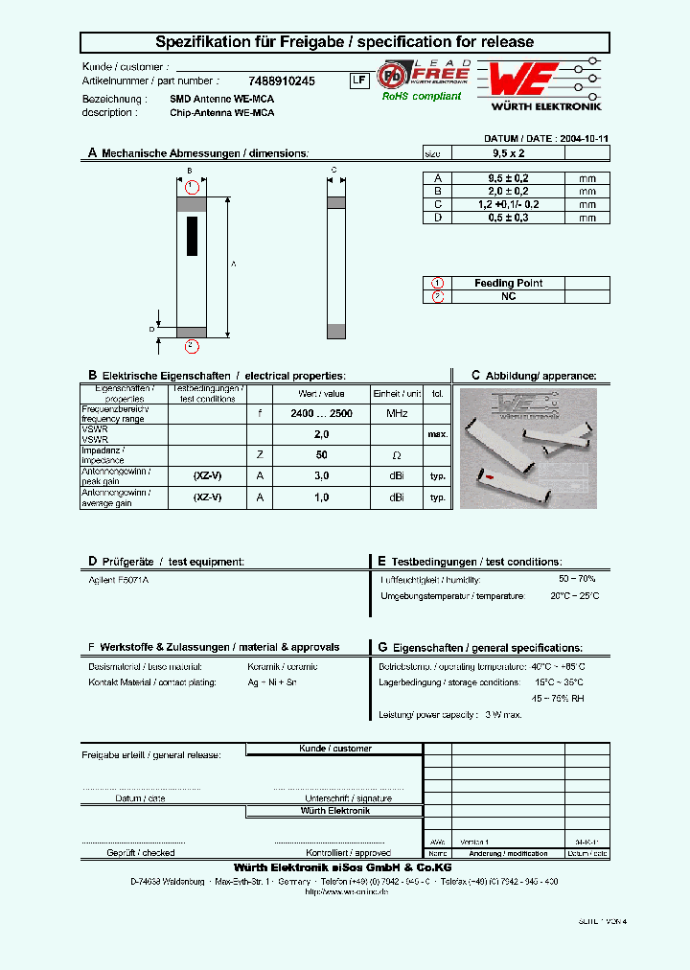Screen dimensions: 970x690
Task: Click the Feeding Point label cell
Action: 508,284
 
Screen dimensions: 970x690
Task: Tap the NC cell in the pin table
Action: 508,297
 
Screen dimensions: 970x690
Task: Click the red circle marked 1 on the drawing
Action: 192,186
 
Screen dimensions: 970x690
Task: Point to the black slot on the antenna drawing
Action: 192,236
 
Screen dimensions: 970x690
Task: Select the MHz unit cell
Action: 397,413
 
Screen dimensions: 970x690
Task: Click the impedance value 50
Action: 321,454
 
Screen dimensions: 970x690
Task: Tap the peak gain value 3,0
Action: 321,475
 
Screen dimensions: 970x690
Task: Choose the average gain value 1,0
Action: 321,497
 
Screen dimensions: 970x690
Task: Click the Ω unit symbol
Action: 397,454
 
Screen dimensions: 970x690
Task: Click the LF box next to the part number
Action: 357,81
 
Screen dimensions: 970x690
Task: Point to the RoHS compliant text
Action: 422,96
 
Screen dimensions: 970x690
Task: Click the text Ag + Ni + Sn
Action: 272,682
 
